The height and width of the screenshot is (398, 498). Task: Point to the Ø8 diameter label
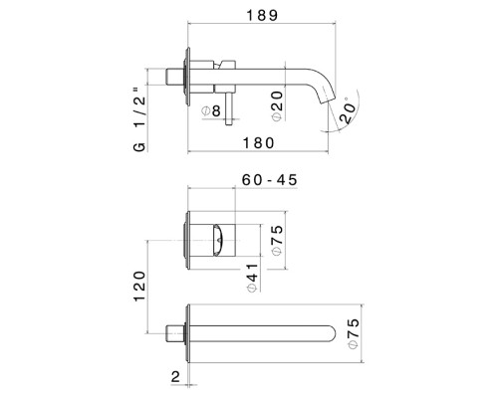[x=211, y=111]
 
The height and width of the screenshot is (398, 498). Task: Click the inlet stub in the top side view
[x=176, y=76]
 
